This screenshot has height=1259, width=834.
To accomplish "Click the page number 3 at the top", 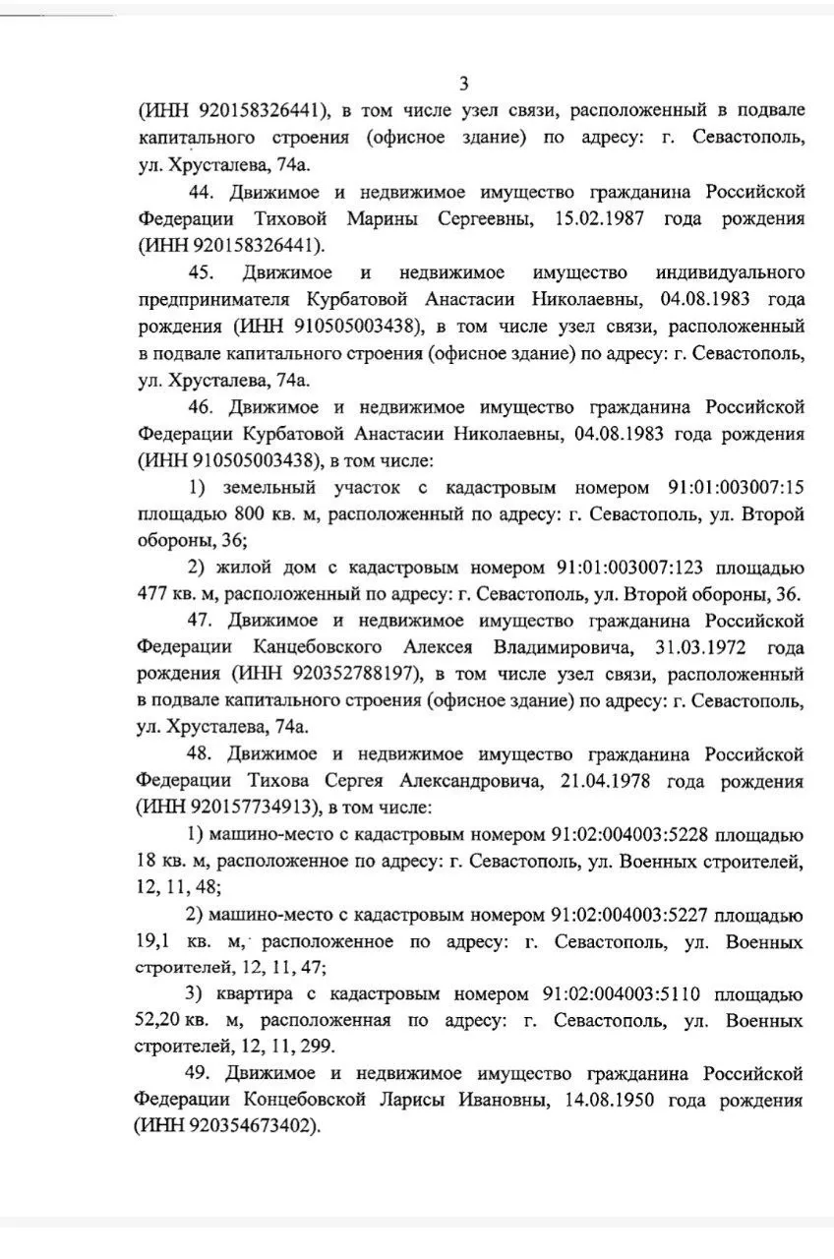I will [464, 84].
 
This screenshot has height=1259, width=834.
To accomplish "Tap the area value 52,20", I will [160, 1022].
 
